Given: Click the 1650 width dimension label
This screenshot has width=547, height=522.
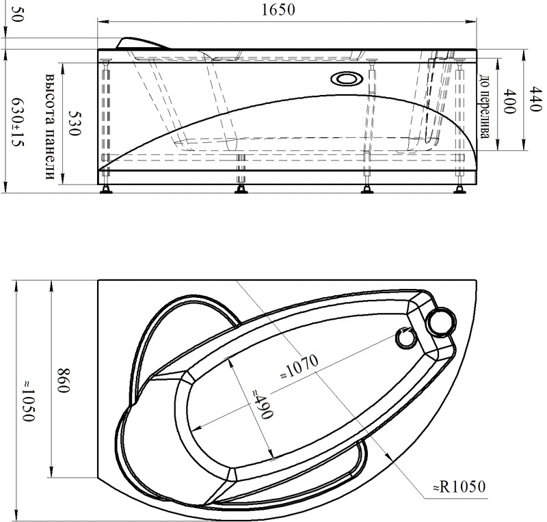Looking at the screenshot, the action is tap(278, 10).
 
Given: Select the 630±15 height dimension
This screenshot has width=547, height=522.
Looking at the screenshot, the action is tap(18, 122).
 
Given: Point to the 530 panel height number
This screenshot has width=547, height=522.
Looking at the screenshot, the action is tap(75, 124).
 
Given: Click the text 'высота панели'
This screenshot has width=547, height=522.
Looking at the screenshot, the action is tap(50, 126).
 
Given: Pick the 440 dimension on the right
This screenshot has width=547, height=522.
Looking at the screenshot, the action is tap(535, 99).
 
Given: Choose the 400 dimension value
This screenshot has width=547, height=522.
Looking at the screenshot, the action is tap(509, 101).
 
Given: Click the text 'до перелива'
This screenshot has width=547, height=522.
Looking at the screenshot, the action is tap(483, 107).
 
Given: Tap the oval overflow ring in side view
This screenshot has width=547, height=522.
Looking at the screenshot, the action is tap(347, 79).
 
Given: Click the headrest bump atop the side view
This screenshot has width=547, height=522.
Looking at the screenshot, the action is tap(142, 42).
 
